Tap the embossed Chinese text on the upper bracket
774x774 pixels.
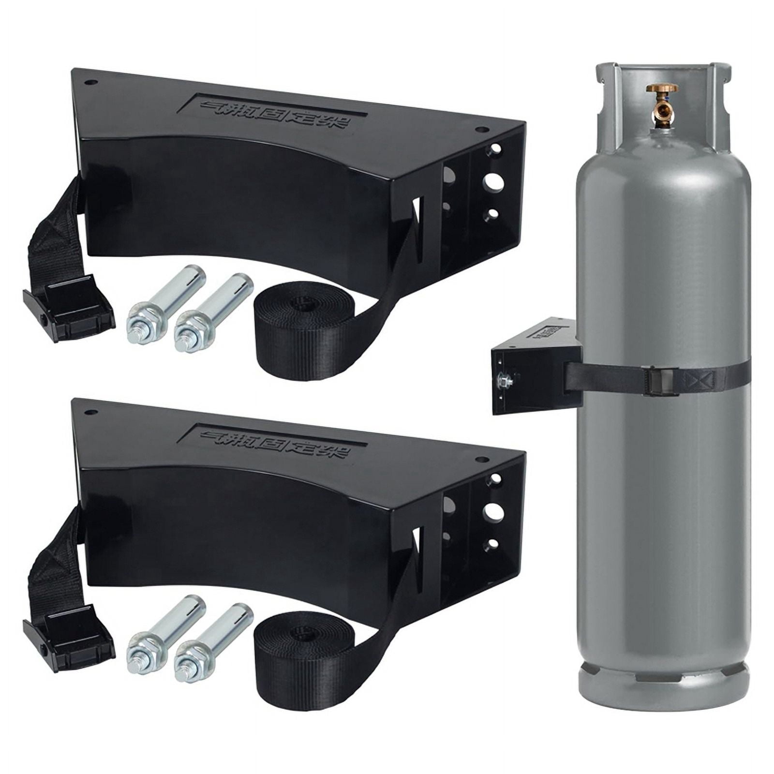275,109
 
